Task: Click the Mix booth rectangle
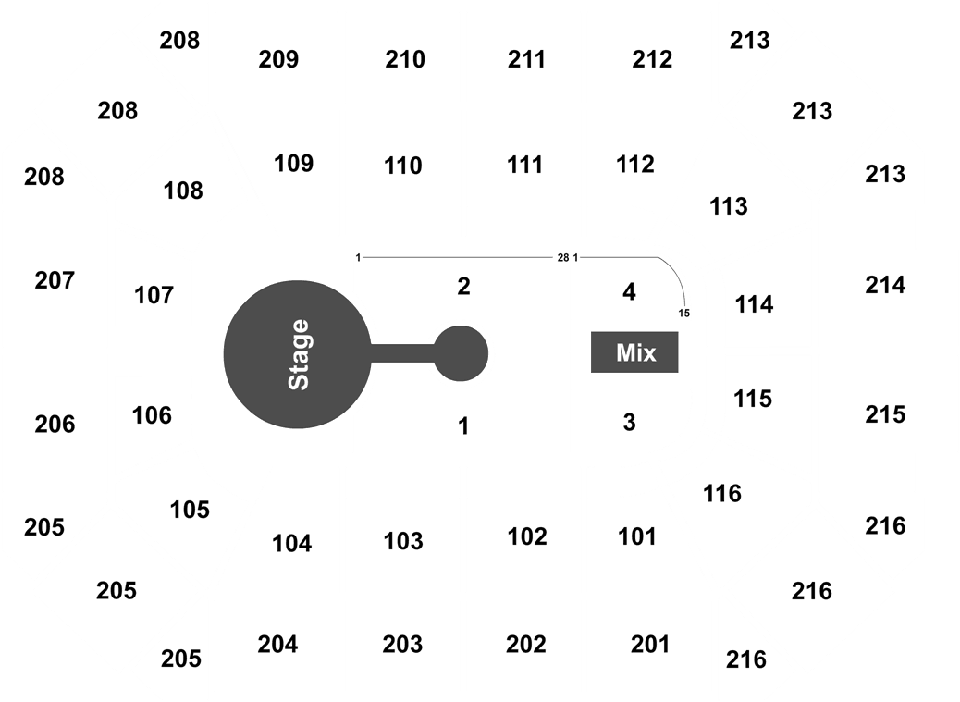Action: [x=634, y=351]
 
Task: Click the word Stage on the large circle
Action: [x=299, y=354]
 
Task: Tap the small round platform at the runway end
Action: [x=461, y=353]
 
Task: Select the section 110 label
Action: [x=403, y=166]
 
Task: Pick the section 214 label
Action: [x=885, y=285]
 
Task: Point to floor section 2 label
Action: [x=463, y=287]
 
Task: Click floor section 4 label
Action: [x=629, y=292]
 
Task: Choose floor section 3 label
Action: [x=629, y=423]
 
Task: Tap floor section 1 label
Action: [x=463, y=426]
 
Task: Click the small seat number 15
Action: [x=683, y=314]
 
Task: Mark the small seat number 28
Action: [x=563, y=258]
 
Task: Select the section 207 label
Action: [x=55, y=281]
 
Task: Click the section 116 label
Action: [x=721, y=493]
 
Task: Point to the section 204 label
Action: [x=277, y=645]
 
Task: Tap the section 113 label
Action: [x=729, y=207]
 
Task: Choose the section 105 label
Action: [x=190, y=510]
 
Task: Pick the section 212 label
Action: [x=652, y=59]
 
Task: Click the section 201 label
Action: [x=649, y=645]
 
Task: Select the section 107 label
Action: [x=154, y=296]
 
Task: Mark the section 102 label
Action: [x=527, y=536]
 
